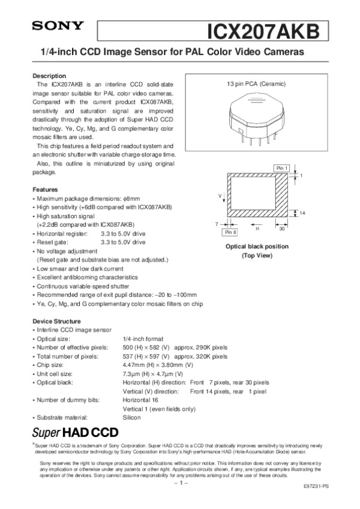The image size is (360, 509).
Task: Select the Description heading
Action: click(x=49, y=76)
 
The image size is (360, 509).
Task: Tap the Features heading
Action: click(x=45, y=189)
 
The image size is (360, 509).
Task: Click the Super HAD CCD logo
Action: click(x=75, y=432)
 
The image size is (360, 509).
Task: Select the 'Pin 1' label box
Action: click(x=282, y=167)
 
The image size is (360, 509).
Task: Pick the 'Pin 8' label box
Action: click(x=230, y=231)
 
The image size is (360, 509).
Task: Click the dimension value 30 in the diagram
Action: click(x=282, y=228)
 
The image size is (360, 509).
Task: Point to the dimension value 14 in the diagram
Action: click(x=302, y=213)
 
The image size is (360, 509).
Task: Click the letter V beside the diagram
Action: click(x=221, y=195)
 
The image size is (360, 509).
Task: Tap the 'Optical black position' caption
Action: click(x=256, y=246)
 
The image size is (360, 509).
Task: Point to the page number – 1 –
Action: click(x=180, y=482)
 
